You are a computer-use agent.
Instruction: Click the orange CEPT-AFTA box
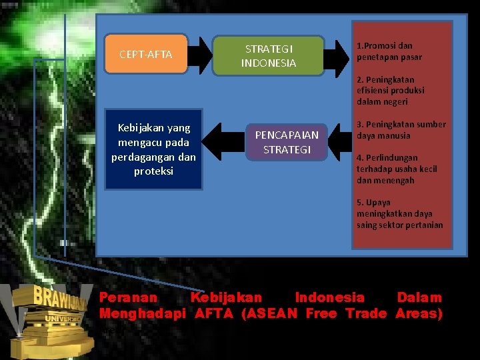coord(145,54)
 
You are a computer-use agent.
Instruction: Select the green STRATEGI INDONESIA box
coord(268,56)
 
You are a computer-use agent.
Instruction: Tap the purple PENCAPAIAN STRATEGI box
coord(287,142)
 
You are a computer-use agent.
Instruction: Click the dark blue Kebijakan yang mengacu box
coord(154,149)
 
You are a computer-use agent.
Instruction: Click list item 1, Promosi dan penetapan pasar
coord(389,51)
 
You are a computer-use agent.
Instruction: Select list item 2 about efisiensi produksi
coord(390,91)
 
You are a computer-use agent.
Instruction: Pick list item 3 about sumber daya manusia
coord(401,130)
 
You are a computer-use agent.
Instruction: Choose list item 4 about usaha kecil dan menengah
coord(396,169)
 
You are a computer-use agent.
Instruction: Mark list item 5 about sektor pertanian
coord(399,213)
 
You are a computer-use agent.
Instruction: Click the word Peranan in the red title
coord(129,297)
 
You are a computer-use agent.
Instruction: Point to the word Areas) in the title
coord(419,313)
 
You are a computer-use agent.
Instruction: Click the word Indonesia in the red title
coord(329,297)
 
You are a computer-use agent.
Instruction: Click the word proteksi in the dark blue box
coord(153,171)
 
